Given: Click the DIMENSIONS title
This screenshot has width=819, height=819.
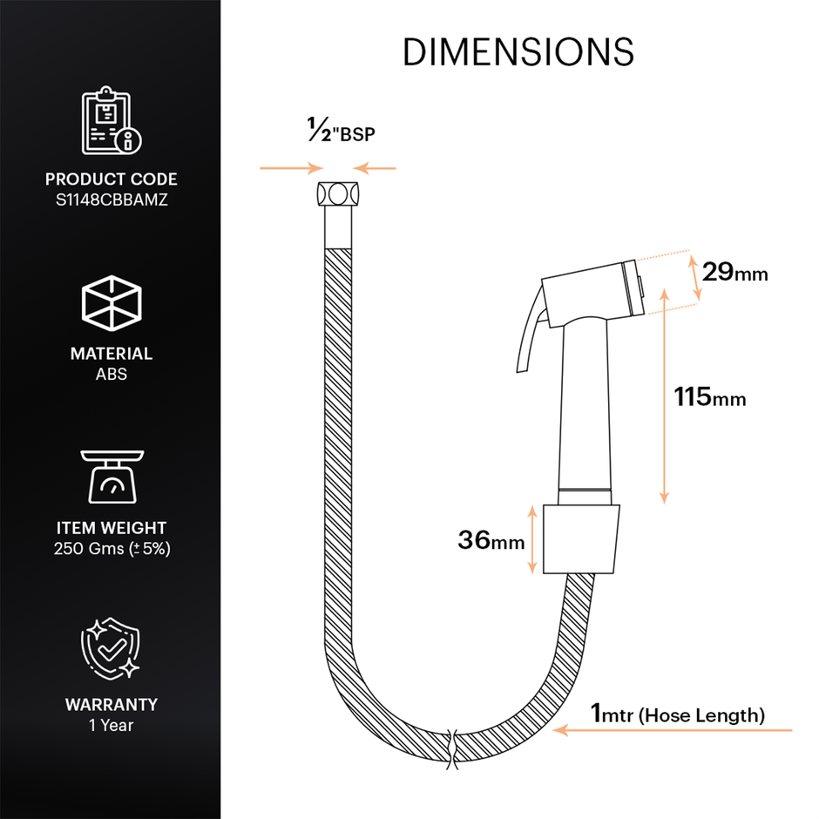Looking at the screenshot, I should pyautogui.click(x=518, y=53).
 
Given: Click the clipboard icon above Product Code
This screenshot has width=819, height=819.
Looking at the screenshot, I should pyautogui.click(x=111, y=120).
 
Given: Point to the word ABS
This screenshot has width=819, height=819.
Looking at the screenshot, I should pyautogui.click(x=111, y=376).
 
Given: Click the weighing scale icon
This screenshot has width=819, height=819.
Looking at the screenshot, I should pyautogui.click(x=111, y=477).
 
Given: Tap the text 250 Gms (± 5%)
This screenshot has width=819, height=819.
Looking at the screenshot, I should pyautogui.click(x=111, y=550).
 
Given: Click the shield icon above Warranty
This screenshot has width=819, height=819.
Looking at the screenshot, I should pyautogui.click(x=111, y=650).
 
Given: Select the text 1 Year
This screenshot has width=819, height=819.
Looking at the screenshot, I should pyautogui.click(x=111, y=724).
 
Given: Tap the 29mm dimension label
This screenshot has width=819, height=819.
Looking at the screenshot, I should pyautogui.click(x=735, y=273).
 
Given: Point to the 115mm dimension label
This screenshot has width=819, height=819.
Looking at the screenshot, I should pyautogui.click(x=710, y=397).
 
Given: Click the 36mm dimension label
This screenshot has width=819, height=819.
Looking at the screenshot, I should pyautogui.click(x=491, y=540).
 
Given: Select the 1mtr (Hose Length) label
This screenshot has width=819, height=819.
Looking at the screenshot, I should pyautogui.click(x=678, y=714).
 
